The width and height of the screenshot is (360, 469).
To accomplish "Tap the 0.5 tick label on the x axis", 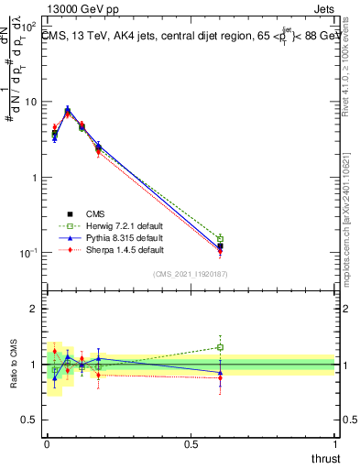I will (191, 442).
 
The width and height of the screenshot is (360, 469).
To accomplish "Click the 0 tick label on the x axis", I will (47, 442).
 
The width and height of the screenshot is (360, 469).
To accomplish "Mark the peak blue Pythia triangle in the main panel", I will (68, 109).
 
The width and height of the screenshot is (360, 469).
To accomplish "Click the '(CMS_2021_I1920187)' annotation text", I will (191, 274).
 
